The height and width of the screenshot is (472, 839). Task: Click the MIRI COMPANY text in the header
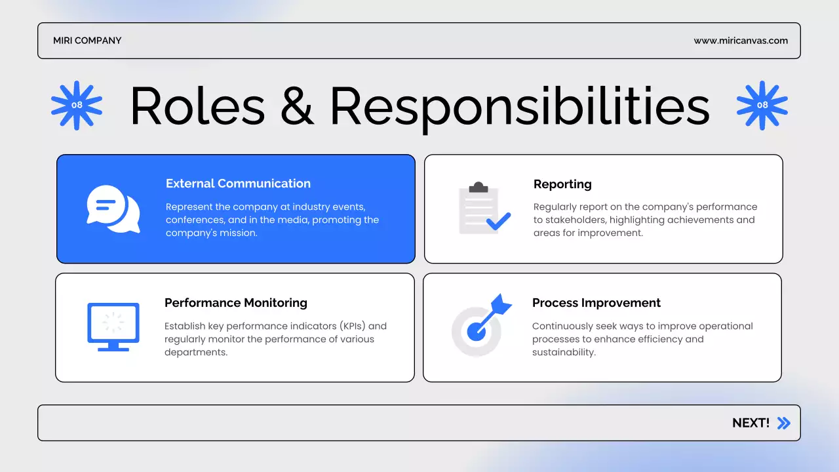[87, 41]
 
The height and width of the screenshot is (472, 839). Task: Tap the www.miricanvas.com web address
[741, 41]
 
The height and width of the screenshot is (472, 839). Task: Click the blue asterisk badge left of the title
[77, 105]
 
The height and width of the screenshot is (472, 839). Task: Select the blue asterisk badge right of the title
[762, 105]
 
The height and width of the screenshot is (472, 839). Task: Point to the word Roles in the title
[197, 106]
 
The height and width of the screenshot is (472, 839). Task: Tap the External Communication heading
[238, 184]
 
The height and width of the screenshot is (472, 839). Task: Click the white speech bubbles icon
[113, 208]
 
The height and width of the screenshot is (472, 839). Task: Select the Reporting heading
[562, 184]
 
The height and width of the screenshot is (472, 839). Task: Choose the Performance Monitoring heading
[236, 303]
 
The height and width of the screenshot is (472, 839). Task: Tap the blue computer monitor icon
[113, 326]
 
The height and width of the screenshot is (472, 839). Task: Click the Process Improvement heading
[596, 303]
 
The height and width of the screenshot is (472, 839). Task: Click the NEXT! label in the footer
[751, 423]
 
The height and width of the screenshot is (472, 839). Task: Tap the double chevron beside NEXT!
[783, 423]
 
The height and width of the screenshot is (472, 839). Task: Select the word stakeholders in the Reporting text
[574, 220]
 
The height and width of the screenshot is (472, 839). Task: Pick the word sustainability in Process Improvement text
[563, 353]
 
